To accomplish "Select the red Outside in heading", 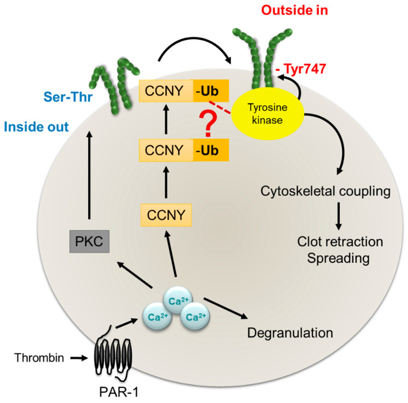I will coord(291,10).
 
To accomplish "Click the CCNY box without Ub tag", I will coord(166,215).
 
